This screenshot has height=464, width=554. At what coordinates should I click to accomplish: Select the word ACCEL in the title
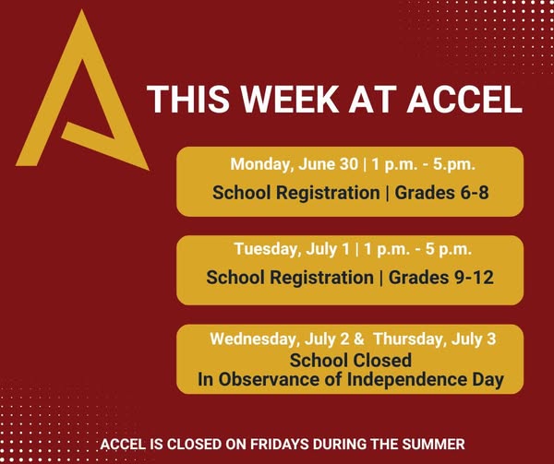pos(464,99)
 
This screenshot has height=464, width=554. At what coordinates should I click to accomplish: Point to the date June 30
pos(328,164)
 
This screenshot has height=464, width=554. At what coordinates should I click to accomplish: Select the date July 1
pos(328,249)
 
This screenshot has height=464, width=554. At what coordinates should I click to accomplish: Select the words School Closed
pos(351,361)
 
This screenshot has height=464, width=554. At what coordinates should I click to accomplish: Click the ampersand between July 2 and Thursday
pos(358,339)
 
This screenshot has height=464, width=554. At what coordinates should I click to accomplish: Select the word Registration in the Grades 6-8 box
pos(328,194)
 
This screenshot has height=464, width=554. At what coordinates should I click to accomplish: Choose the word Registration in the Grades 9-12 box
pos(321,278)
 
